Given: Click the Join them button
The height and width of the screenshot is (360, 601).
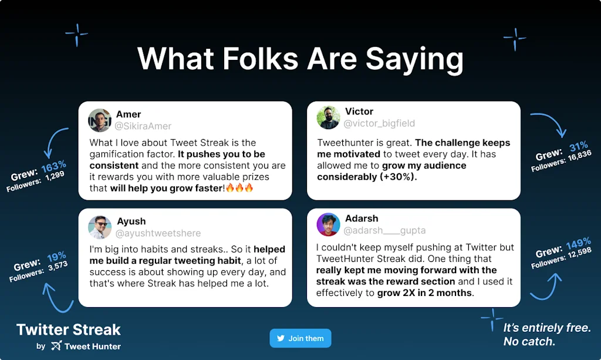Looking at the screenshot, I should coord(300,338).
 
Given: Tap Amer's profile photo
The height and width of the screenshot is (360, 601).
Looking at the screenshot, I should coord(100,120).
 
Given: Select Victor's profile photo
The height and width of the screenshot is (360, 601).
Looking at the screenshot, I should coord(328,117).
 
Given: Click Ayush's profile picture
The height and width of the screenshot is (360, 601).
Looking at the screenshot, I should coord(100,227).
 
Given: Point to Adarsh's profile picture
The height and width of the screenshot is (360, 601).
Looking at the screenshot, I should coord(328,224).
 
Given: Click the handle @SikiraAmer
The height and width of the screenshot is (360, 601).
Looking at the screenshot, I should coord(143,126).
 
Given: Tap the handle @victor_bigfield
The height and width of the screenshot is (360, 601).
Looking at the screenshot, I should coord(379,123).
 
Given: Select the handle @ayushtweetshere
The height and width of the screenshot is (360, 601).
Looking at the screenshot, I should coord(158,233).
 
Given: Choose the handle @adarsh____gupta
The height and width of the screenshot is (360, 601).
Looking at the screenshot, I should coord(384,230).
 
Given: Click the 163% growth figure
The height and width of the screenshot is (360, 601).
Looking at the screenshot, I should coord(54,166).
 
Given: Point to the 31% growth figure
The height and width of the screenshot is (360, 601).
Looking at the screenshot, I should coord(578,146).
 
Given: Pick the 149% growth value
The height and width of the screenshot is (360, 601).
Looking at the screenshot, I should coord(578,243).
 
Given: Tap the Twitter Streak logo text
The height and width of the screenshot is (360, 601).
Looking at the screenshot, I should coord(69,329).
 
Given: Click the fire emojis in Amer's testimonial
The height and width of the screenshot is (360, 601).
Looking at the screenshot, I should coord(240,188).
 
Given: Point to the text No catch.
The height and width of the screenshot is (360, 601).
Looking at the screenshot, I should coord(529,341).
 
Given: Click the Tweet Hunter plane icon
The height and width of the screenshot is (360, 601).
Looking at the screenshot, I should coord(56,346).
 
